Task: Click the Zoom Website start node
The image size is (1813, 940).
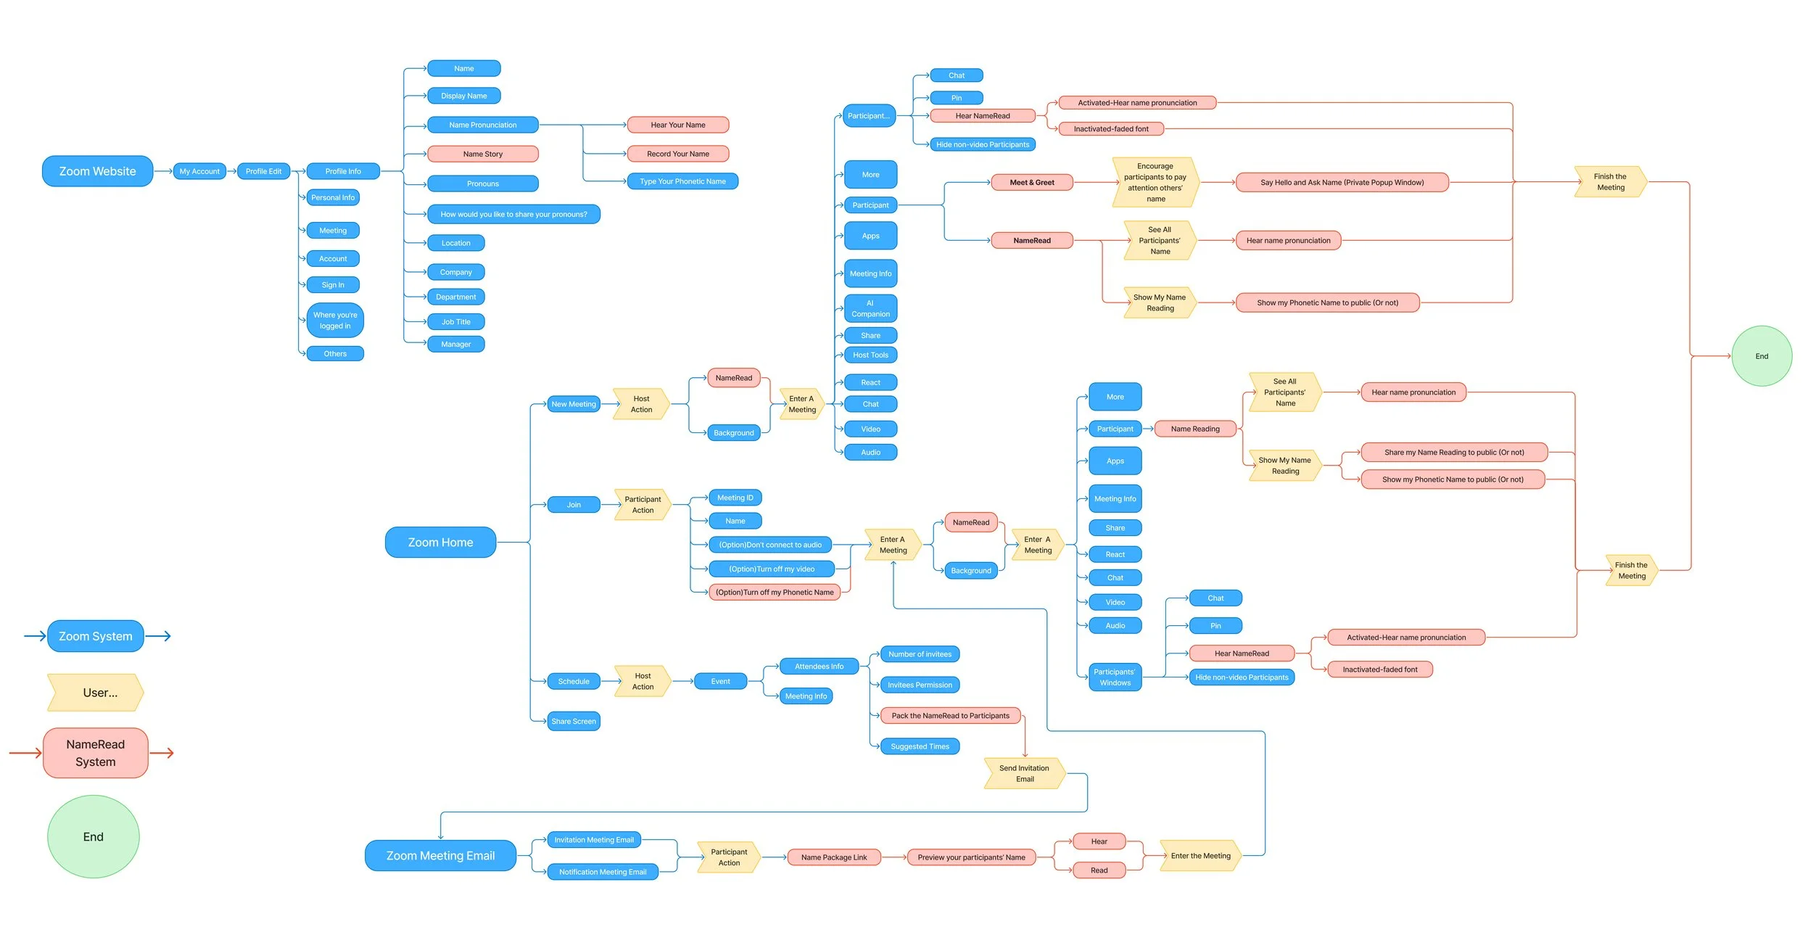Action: tap(97, 171)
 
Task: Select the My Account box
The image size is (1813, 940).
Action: tap(199, 171)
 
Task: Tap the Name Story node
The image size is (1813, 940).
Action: tap(482, 154)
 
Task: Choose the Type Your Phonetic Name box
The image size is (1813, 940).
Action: tap(682, 181)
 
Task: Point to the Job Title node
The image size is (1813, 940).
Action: tap(455, 322)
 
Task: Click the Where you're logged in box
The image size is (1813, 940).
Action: tap(334, 321)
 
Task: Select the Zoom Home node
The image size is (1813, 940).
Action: tap(440, 543)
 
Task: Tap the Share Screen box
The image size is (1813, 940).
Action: tap(573, 721)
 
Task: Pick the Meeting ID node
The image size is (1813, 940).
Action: tap(735, 498)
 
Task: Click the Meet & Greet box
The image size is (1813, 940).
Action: tap(1031, 182)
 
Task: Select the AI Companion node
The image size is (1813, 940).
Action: tap(870, 308)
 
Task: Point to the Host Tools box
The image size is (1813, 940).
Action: tap(870, 355)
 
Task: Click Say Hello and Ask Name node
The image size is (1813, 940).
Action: tap(1342, 182)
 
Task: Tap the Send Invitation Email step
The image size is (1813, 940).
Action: tap(1024, 773)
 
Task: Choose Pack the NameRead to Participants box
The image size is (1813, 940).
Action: tap(950, 716)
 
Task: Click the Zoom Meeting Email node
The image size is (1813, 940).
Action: tap(440, 856)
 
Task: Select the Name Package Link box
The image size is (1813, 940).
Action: tap(833, 857)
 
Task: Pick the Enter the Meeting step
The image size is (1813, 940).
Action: tap(1200, 856)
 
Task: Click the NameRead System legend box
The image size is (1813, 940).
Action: tap(95, 753)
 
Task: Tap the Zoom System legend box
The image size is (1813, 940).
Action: tap(95, 636)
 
